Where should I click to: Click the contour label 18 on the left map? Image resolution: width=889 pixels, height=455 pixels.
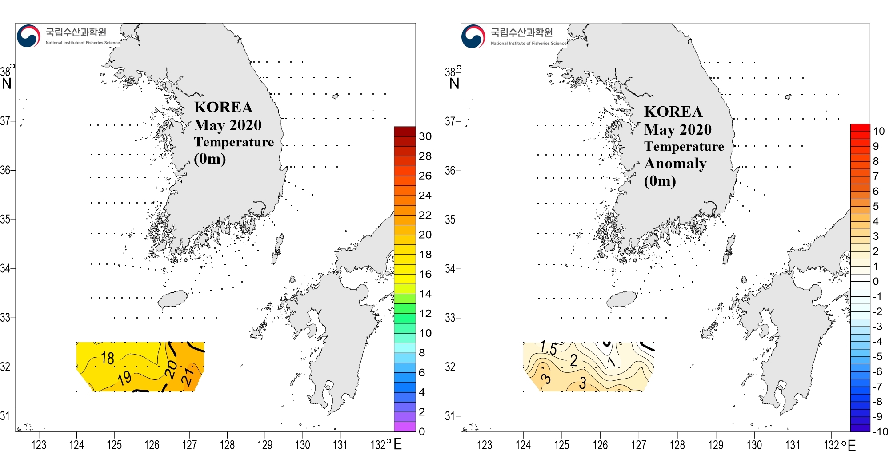(108, 358)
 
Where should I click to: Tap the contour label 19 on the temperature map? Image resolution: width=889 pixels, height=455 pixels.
(125, 378)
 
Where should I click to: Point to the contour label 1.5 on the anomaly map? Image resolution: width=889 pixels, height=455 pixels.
(549, 347)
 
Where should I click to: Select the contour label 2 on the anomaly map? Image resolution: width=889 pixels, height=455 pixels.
(574, 360)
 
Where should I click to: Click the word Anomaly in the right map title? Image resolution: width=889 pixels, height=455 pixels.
(675, 164)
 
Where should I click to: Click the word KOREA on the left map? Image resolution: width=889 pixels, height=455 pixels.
(223, 107)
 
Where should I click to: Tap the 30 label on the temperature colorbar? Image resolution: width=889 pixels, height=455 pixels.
(425, 136)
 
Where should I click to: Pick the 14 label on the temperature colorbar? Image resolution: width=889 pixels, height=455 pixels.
(425, 294)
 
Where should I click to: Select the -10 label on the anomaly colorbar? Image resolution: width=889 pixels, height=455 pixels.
(880, 431)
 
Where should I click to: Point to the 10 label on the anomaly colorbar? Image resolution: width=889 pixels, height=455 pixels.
(878, 131)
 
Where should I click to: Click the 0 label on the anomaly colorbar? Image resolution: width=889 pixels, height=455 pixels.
(875, 281)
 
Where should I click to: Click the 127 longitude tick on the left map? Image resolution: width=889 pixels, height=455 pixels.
(189, 445)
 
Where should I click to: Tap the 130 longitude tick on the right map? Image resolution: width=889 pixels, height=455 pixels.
(754, 445)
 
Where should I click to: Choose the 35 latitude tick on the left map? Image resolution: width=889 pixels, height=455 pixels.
(5, 219)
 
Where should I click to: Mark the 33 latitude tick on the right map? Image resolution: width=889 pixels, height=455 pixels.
(450, 318)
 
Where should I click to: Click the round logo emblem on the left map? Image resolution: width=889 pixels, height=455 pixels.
(28, 36)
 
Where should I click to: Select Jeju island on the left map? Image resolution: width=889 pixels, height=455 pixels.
(173, 299)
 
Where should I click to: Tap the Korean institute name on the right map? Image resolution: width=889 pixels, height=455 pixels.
(521, 32)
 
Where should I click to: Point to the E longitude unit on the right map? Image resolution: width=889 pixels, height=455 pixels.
(851, 445)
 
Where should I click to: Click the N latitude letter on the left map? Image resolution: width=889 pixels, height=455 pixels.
(7, 84)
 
